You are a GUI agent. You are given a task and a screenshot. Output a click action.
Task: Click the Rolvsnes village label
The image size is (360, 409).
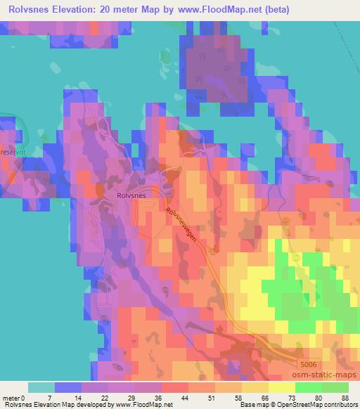point(131,196)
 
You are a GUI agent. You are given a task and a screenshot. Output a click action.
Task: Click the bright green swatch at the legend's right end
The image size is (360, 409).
point(335,387)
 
